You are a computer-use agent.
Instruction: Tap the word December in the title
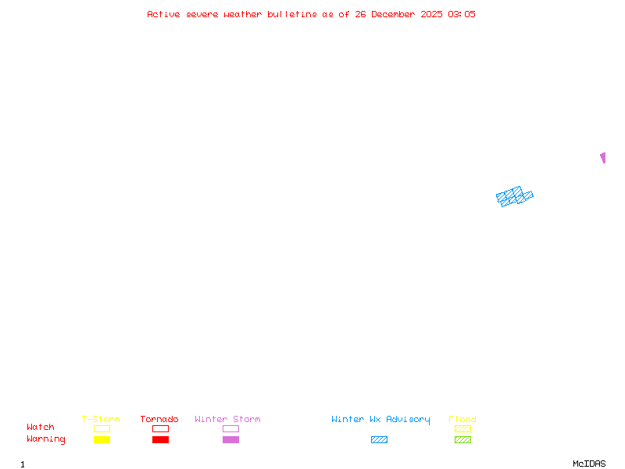click(x=397, y=14)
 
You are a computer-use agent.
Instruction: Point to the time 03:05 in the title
click(x=461, y=14)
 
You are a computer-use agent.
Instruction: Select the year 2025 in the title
click(x=430, y=14)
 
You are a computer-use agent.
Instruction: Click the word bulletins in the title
click(x=291, y=14)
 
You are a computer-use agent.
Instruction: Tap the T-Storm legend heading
click(x=101, y=420)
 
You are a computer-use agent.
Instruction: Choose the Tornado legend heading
click(x=159, y=420)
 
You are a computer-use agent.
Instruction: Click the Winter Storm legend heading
click(x=227, y=420)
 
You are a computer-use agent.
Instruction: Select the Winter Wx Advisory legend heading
click(x=380, y=420)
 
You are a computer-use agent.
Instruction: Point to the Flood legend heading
click(x=462, y=420)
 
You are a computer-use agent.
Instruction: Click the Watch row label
click(x=41, y=428)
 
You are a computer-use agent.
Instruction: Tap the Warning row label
click(x=46, y=439)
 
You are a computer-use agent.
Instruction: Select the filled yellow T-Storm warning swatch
click(x=102, y=439)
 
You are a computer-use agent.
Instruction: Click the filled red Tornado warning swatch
click(x=160, y=439)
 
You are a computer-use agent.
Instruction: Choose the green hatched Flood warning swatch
click(x=462, y=439)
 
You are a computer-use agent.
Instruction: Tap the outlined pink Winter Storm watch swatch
click(x=230, y=428)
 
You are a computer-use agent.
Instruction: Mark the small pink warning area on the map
click(x=602, y=157)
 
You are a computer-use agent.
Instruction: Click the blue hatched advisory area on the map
click(x=514, y=196)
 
